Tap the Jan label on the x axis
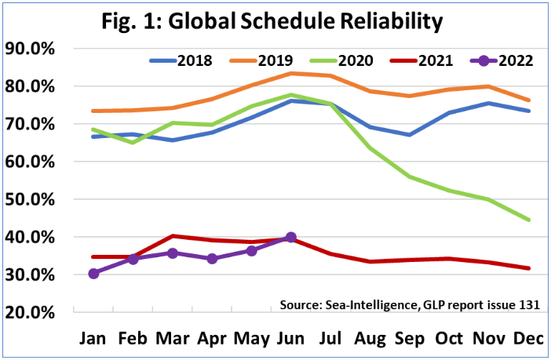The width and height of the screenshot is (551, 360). pos(93,338)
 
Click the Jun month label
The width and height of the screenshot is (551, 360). pos(290,338)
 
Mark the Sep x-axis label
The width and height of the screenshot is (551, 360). pos(409,338)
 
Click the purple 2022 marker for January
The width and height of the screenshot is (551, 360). pos(93,273)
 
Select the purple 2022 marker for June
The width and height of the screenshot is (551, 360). pos(290,237)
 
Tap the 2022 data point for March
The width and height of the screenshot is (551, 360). pos(172,253)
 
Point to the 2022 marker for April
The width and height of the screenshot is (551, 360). pos(212,258)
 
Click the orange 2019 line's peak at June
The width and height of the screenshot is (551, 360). pos(290,73)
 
